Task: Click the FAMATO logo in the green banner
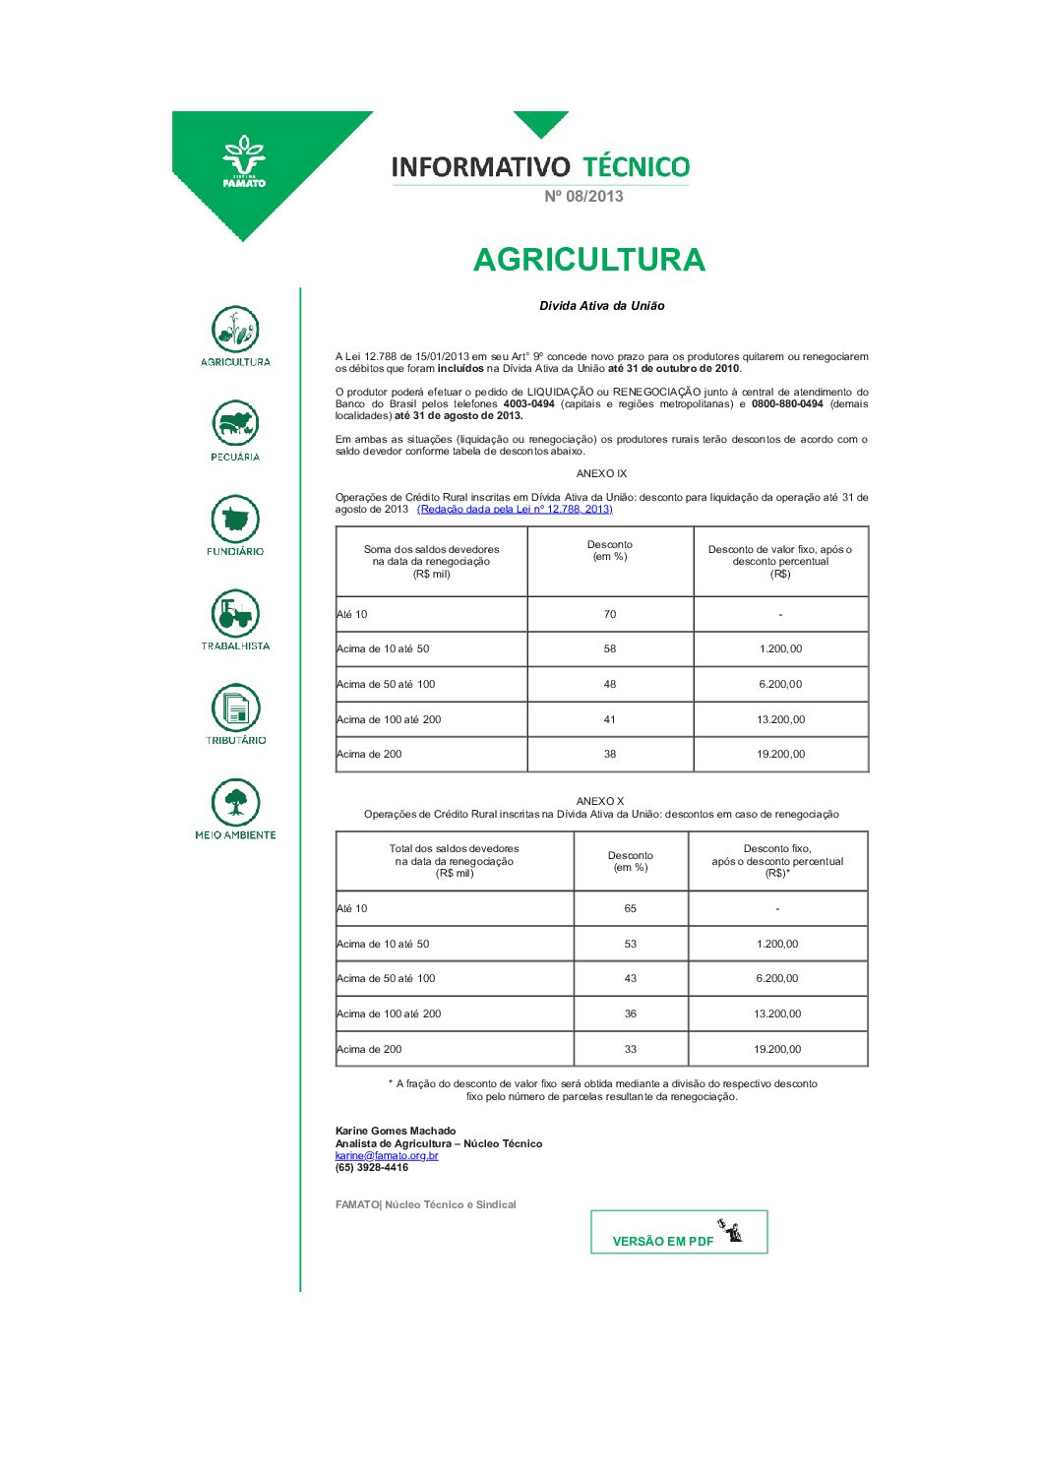click(x=243, y=162)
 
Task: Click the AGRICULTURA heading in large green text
click(x=588, y=260)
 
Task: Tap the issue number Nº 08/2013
click(x=583, y=197)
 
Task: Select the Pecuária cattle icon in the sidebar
click(x=235, y=424)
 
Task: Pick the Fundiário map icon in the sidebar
click(x=235, y=519)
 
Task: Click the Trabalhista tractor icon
click(x=235, y=614)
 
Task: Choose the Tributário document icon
click(x=235, y=707)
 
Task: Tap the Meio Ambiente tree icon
click(x=235, y=803)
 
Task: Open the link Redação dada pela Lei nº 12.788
click(x=515, y=510)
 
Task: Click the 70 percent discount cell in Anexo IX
click(x=610, y=614)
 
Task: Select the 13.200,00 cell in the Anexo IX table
click(x=780, y=719)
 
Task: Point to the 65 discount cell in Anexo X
click(x=631, y=908)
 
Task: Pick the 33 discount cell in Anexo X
click(x=631, y=1049)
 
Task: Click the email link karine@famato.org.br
click(x=387, y=1155)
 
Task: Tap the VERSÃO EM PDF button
click(x=678, y=1233)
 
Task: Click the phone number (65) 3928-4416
click(x=372, y=1168)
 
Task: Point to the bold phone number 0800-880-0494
click(x=787, y=404)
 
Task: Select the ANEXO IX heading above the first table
click(x=601, y=474)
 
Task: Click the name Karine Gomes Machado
click(x=396, y=1131)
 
